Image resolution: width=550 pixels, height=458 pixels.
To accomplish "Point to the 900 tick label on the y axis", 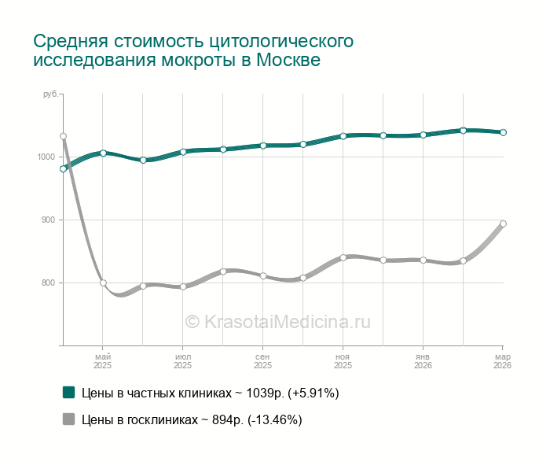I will pos(47,220).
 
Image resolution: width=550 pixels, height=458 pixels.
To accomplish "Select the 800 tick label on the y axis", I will pos(47,283).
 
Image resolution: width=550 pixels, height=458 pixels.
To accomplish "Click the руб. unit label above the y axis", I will pos(50,94).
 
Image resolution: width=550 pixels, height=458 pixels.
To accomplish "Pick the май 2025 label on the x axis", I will pos(103,360).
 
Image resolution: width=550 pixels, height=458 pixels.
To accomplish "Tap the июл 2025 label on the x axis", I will pos(182,360).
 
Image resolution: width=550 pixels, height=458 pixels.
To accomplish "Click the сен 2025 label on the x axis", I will pos(262,360).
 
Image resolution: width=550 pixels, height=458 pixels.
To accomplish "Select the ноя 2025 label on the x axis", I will pos(343,360).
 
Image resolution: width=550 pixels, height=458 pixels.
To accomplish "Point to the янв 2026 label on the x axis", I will pos(423,360).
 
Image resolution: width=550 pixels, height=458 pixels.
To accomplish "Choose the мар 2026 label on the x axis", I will pos(502,360).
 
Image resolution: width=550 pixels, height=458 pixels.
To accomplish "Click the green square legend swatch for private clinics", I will pos(68,392).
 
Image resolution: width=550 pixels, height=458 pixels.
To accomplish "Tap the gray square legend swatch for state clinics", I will pos(68,419).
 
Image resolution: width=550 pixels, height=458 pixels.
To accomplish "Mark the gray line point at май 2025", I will pos(103,283).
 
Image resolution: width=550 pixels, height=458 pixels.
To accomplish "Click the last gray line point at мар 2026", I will pos(504,223).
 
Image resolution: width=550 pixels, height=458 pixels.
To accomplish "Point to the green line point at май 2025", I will pos(103,153).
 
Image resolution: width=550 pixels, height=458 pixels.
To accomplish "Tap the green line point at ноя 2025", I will pos(343,136).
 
